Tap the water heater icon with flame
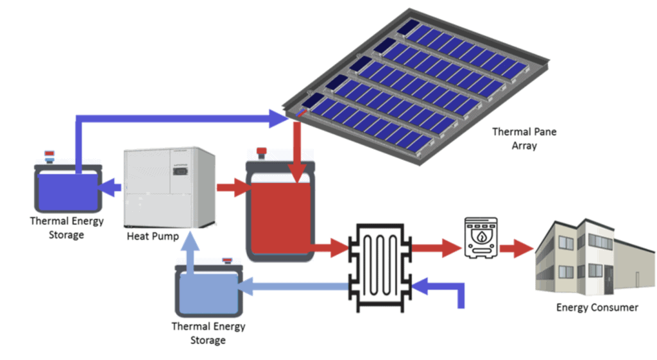point(480,238)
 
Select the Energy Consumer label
point(597,307)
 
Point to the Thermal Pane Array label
point(524,139)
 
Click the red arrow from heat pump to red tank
point(232,188)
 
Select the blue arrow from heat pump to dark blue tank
point(113,188)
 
